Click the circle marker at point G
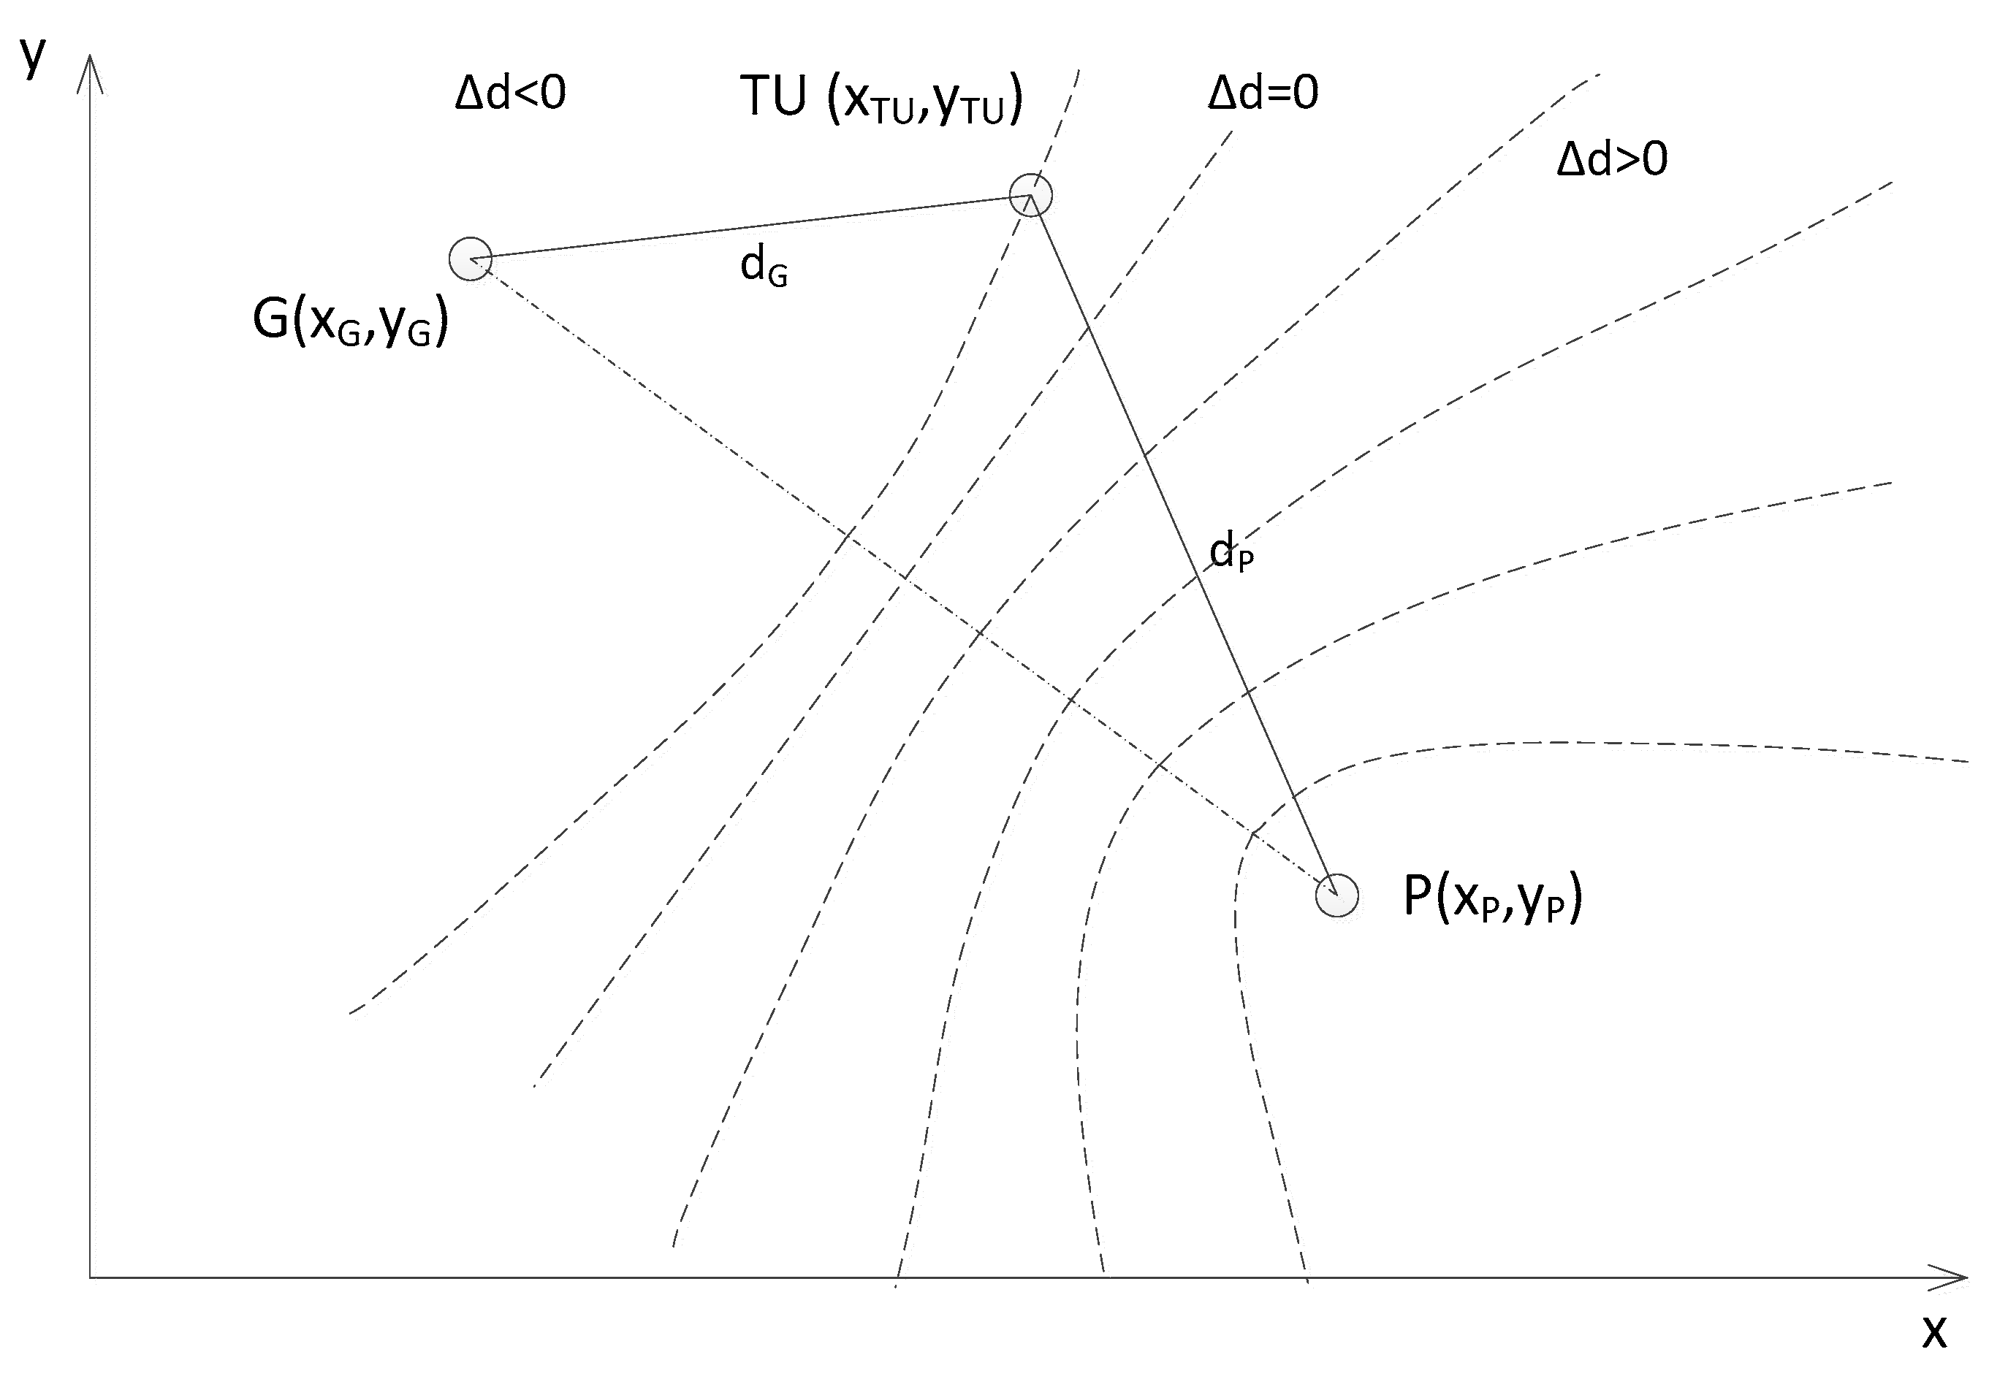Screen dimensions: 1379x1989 tap(471, 259)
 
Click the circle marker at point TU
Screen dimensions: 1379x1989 tap(1030, 194)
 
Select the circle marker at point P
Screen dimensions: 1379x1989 tap(1336, 895)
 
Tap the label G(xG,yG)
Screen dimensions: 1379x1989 tap(350, 321)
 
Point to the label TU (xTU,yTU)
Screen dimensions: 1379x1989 tap(882, 99)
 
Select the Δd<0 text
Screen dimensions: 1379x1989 tap(510, 93)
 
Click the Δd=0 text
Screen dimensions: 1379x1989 tap(1263, 93)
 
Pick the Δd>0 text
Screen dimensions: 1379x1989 tap(1612, 159)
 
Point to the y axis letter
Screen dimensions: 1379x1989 tap(33, 56)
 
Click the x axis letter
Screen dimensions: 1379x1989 tap(1934, 1332)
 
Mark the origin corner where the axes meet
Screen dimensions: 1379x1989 tap(90, 1277)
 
